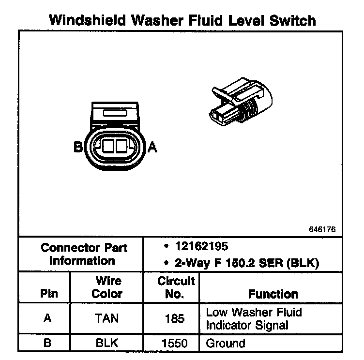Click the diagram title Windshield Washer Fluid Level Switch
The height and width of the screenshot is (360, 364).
pos(183,20)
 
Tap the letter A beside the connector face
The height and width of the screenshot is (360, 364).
pos(152,147)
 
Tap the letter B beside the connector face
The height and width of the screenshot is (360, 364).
pos(78,147)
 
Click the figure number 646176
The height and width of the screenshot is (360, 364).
pos(321,229)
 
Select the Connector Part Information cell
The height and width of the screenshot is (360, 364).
pos(84,255)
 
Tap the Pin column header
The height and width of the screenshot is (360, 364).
pos(49,294)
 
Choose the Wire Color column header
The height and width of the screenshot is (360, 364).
pos(107,287)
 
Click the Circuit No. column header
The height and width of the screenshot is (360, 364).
pos(176,287)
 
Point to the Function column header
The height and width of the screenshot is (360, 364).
pos(273,294)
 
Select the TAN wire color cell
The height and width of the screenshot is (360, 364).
pos(107,318)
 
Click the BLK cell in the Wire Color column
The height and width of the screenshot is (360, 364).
pos(107,344)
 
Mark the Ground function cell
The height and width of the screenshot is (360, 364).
pos(226,344)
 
